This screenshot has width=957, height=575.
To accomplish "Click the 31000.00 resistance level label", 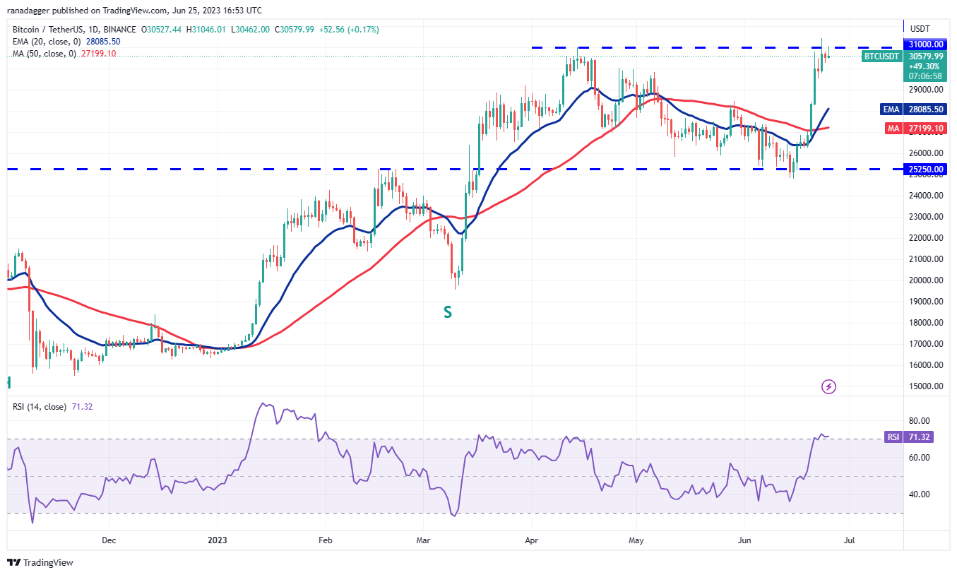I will click(926, 47).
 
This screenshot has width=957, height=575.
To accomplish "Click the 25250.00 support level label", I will click(926, 170).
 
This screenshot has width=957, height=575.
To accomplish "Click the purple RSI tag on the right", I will click(893, 437).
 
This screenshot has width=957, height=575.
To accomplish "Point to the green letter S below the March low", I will click(447, 312).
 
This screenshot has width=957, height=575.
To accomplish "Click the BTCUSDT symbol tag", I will click(881, 56).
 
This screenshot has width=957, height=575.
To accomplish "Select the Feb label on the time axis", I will click(325, 540).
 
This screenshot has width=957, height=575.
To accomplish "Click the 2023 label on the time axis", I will click(218, 540).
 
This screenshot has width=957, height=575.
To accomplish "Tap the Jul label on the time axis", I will click(849, 540).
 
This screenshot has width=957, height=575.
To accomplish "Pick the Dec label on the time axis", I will click(109, 540).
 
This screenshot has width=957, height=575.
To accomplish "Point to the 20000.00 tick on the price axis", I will click(926, 280).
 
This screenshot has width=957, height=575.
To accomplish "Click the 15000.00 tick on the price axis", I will click(926, 386).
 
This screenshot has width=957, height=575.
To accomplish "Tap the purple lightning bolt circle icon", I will click(829, 386).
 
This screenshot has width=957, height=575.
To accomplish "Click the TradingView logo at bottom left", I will click(40, 562).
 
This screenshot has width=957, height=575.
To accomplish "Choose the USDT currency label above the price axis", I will click(920, 29).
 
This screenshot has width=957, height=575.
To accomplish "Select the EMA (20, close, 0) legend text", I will click(41, 42).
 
